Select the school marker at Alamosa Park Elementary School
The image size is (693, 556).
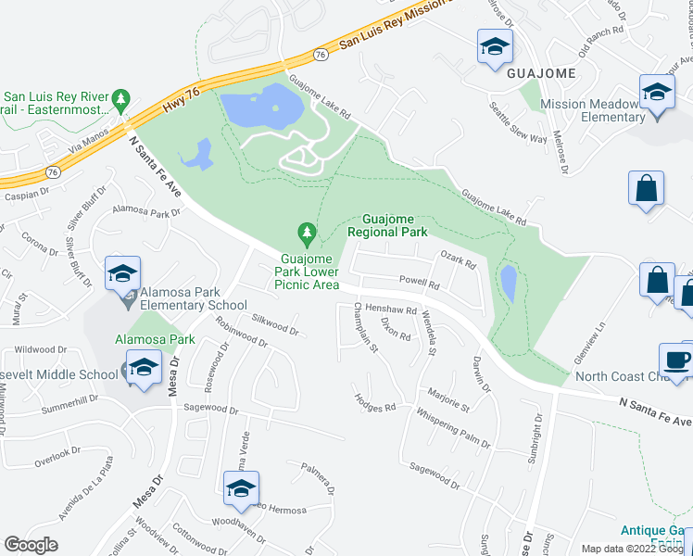tap(122, 273)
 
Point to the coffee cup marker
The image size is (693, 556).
tap(675, 359)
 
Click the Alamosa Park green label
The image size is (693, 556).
tap(155, 339)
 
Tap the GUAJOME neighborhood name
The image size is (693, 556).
tap(541, 72)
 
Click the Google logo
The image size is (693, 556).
tap(31, 545)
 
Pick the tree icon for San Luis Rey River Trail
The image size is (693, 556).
tap(120, 98)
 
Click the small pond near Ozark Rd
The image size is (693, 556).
tap(509, 283)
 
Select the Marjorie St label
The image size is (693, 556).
tap(449, 400)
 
